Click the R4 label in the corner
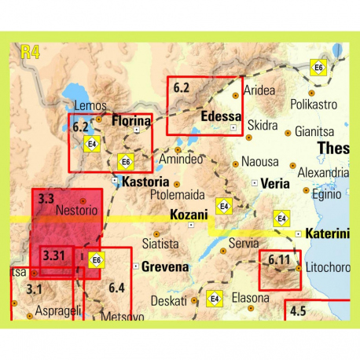tap(30, 53)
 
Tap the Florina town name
tap(130, 122)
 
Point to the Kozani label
tap(189, 214)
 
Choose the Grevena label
tap(165, 266)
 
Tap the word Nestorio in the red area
tap(77, 211)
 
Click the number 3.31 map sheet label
tap(54, 255)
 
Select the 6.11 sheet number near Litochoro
tap(279, 259)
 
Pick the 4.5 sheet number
tap(298, 311)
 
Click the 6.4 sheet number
tap(116, 288)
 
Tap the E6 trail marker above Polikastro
tap(318, 68)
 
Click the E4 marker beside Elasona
tap(214, 299)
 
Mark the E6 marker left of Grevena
tap(96, 260)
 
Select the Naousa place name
tap(259, 161)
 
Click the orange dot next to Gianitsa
tap(288, 133)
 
